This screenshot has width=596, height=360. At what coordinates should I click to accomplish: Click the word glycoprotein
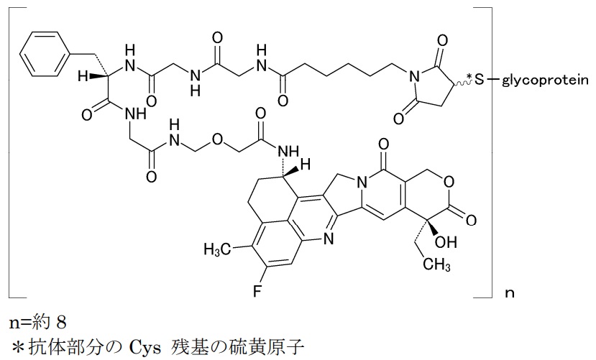[x=545, y=80]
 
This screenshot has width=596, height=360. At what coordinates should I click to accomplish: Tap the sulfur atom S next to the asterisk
[x=480, y=80]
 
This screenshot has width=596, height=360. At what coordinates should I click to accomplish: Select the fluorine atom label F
[x=257, y=291]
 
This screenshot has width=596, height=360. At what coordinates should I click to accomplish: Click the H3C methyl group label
[x=217, y=249]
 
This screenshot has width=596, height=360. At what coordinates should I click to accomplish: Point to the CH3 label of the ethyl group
[x=436, y=264]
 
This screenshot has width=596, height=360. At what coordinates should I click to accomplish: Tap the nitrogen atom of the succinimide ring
[x=414, y=78]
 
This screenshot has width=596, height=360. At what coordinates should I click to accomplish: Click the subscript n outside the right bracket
[x=509, y=293]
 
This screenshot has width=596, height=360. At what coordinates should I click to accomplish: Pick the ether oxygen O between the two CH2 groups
[x=217, y=139]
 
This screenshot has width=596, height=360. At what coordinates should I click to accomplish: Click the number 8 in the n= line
[x=61, y=323]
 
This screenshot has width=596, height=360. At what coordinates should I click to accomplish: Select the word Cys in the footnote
[x=143, y=346]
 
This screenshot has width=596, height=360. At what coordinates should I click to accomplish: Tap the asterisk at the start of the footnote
[x=17, y=346]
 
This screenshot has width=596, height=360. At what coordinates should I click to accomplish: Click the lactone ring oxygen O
[x=449, y=183]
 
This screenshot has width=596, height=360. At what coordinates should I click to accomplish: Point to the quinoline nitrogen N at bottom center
[x=329, y=239]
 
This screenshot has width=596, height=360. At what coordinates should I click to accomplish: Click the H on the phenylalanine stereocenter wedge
[x=83, y=76]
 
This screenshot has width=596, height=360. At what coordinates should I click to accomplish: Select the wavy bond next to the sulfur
[x=462, y=81]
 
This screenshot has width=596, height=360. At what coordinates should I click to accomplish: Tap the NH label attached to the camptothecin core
[x=288, y=152]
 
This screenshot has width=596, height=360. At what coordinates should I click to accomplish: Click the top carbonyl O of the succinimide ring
[x=442, y=40]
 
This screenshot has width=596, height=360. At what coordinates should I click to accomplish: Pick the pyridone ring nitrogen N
[x=362, y=183]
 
